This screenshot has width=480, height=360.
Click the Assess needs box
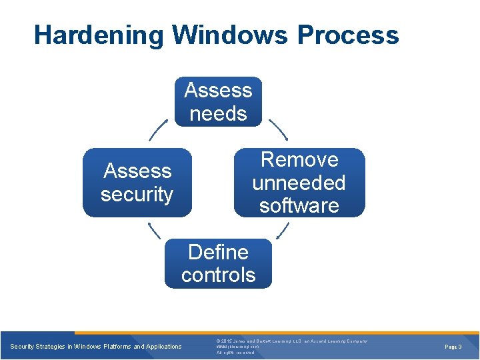(x=218, y=101)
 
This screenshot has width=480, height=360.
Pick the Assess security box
(x=137, y=183)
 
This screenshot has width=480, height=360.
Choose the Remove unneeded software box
(x=299, y=183)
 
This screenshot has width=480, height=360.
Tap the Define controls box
(x=218, y=263)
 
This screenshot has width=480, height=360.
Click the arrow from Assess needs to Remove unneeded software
(x=277, y=129)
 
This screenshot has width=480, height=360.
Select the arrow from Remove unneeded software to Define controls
(x=282, y=230)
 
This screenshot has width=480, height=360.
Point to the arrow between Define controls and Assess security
(x=154, y=230)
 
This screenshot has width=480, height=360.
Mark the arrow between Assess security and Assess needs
(x=158, y=129)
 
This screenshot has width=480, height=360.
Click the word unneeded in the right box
(x=299, y=183)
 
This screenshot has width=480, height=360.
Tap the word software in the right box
(x=299, y=205)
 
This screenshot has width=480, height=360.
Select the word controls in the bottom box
(x=218, y=275)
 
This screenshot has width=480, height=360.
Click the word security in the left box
(x=137, y=194)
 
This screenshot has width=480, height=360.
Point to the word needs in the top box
(x=218, y=113)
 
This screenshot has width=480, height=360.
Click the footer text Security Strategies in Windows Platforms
(x=96, y=347)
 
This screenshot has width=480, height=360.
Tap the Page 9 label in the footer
(x=454, y=347)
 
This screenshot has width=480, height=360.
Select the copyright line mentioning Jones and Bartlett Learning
(x=292, y=341)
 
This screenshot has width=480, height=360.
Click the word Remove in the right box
(x=299, y=160)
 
